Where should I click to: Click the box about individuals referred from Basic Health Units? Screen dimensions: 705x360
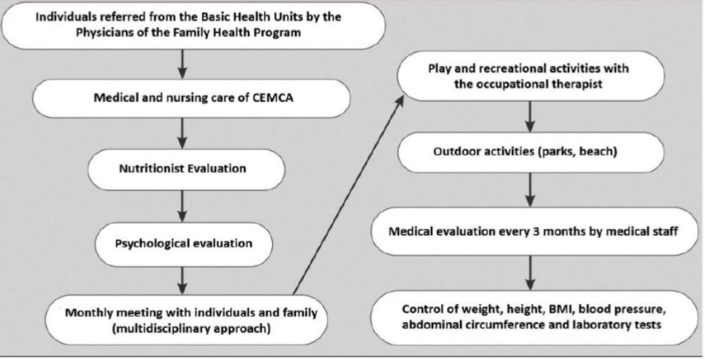(193, 25)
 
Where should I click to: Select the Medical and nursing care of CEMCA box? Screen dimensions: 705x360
(192, 98)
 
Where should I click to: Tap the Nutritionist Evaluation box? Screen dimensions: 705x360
(186, 169)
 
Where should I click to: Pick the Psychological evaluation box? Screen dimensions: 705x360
(184, 244)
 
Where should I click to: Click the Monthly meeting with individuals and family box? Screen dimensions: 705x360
(186, 320)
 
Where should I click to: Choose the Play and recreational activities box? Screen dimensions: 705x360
(531, 76)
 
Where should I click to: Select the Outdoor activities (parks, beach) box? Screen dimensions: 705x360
(531, 152)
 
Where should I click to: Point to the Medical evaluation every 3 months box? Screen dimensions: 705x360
(533, 232)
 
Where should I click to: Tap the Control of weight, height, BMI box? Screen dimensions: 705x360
(533, 317)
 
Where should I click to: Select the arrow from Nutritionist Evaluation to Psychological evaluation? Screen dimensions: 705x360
(182, 206)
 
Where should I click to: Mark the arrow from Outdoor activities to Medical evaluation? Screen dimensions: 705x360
(531, 190)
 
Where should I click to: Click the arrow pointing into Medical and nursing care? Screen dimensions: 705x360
(182, 64)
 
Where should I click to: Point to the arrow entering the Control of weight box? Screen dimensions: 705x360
(531, 273)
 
